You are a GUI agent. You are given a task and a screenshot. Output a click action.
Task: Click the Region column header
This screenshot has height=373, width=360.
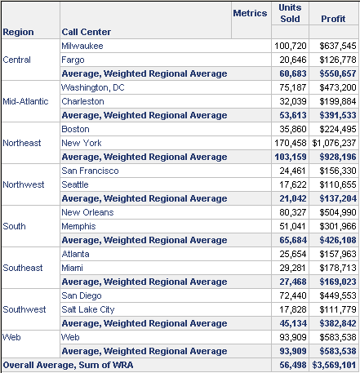18,32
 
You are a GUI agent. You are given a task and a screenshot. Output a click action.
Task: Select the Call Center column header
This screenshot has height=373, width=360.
87,32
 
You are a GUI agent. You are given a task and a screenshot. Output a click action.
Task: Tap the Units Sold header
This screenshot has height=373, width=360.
290,13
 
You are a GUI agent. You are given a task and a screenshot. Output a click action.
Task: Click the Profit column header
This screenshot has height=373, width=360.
333,19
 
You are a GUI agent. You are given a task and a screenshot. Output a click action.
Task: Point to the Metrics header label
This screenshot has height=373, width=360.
250,13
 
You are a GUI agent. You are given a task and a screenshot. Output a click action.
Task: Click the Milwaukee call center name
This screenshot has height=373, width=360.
82,46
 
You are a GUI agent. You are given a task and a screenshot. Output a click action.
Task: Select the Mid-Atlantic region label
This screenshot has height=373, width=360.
25,101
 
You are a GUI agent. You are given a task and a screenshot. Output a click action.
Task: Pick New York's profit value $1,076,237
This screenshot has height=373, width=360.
334,143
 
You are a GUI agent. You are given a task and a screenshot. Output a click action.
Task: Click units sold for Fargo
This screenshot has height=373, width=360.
293,60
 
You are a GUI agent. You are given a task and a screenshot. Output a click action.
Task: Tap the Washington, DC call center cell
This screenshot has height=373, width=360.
93,87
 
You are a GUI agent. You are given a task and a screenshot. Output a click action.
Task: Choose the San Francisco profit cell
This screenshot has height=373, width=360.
338,171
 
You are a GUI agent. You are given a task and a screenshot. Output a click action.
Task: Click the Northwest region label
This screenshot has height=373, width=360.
24,184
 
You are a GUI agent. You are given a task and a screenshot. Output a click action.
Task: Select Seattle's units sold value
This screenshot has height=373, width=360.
293,184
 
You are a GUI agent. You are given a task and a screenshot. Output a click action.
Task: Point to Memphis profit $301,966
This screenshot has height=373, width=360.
338,226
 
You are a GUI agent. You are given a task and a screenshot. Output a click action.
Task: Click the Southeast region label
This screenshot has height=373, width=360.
23,268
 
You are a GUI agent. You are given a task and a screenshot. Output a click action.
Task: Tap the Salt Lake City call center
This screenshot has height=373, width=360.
88,309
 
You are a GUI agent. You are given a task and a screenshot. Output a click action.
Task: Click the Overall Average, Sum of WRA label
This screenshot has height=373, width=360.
68,365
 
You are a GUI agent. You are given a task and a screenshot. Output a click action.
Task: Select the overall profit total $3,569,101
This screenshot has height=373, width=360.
334,365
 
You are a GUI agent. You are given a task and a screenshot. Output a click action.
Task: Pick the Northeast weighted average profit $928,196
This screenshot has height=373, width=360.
338,157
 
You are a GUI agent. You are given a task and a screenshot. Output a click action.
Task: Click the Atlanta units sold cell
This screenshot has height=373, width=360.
293,254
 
